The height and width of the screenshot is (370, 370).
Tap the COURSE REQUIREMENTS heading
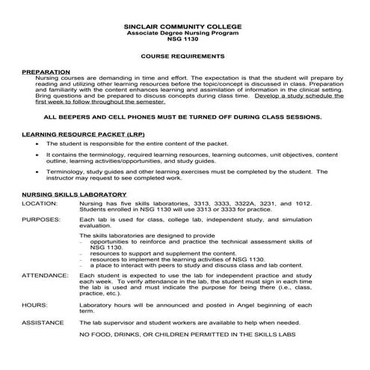(184, 56)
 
